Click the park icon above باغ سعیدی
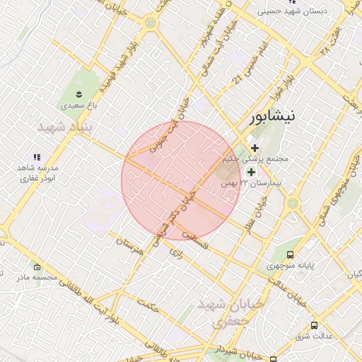pos(79,94)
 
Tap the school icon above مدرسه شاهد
pos(37,158)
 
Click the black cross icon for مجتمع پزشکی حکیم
pos(255,147)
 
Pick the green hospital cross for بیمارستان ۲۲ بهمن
pos(251,172)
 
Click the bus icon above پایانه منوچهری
pos(290,255)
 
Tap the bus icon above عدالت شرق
pos(314,325)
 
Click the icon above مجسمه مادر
pos(37,267)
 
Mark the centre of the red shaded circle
pos(182,180)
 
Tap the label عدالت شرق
pos(314,337)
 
